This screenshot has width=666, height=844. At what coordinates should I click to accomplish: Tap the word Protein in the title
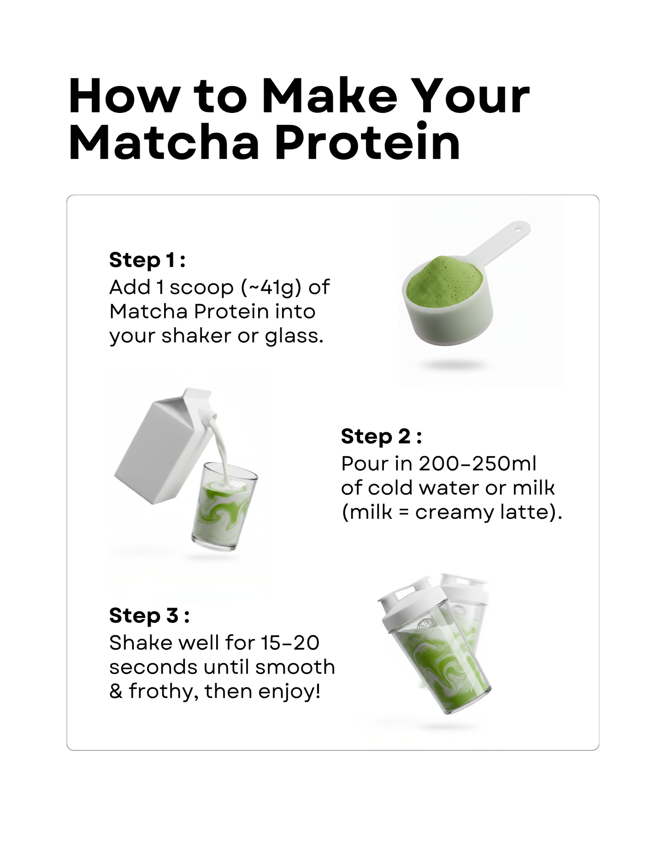(367, 141)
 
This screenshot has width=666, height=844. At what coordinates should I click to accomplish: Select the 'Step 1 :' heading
(147, 260)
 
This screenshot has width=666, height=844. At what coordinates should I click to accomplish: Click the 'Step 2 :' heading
(381, 436)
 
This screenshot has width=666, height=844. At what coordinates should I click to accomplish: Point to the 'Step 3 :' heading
(149, 615)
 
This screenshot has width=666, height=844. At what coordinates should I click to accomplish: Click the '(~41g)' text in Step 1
(271, 288)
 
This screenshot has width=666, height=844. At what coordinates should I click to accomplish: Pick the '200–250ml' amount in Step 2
(477, 463)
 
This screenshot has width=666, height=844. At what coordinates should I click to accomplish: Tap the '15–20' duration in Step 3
(290, 643)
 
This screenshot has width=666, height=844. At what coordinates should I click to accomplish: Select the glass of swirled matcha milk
(224, 507)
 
